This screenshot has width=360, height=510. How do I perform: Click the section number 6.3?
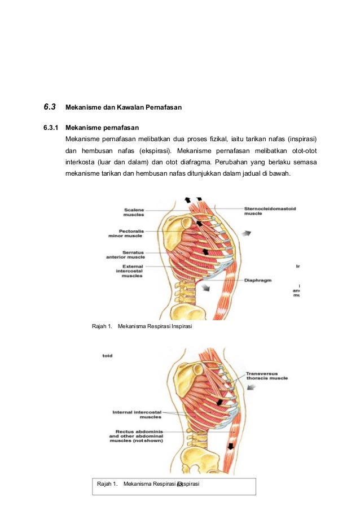50,106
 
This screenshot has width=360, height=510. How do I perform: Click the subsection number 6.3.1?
51,127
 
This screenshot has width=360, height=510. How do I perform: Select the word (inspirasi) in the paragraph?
301,138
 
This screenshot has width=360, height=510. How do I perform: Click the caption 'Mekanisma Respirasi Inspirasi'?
155,326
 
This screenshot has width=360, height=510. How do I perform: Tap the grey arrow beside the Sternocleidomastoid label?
247,232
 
